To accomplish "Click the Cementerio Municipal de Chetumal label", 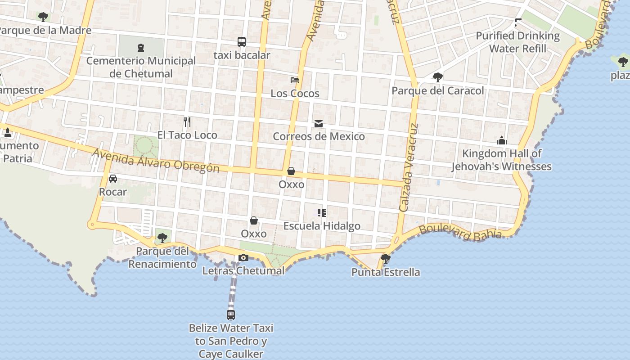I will coord(141,67).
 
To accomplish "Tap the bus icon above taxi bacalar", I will coord(242,42).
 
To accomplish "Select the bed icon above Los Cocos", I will coord(295,80).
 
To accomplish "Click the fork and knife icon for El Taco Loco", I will coord(187,121).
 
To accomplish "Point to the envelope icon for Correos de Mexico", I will coord(319,123).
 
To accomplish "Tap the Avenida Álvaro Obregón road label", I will coord(156,161).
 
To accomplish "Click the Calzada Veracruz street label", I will coord(409,167).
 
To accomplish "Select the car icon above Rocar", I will coord(113,179).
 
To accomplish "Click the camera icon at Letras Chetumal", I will coord(243,257).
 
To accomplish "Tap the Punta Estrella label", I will coord(386,272).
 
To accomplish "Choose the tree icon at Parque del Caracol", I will coord(437,77).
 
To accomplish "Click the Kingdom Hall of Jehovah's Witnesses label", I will coord(502,160).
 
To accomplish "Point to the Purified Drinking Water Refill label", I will coord(517,42).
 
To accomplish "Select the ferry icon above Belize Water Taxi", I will coord(231,315).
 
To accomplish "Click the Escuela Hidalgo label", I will coord(322,226).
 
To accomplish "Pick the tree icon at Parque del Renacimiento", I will coord(162,238).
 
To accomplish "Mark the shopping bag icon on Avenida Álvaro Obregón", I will coord(291,171).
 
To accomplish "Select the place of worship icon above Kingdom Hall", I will coord(502,140).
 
